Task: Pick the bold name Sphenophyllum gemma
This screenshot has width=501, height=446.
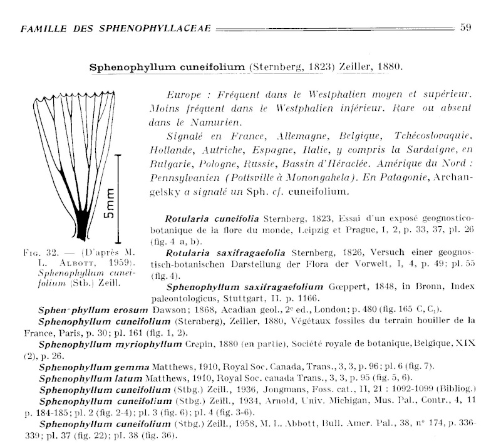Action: (86, 365)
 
